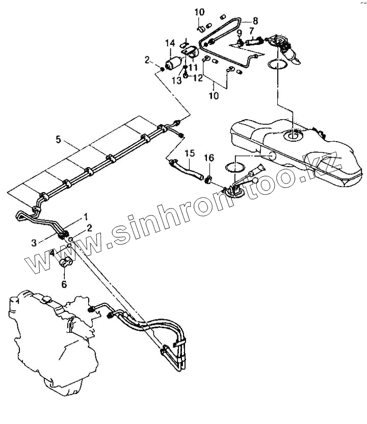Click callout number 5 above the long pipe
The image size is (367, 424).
coord(58,139)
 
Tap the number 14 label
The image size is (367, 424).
coord(170,43)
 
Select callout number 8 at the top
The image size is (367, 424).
coord(255,21)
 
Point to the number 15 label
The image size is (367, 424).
coord(190,153)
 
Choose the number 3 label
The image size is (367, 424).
coord(34,243)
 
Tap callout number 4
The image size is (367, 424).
coord(53,252)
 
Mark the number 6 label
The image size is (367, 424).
coord(64,284)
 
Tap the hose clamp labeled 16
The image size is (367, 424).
coord(208,178)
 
